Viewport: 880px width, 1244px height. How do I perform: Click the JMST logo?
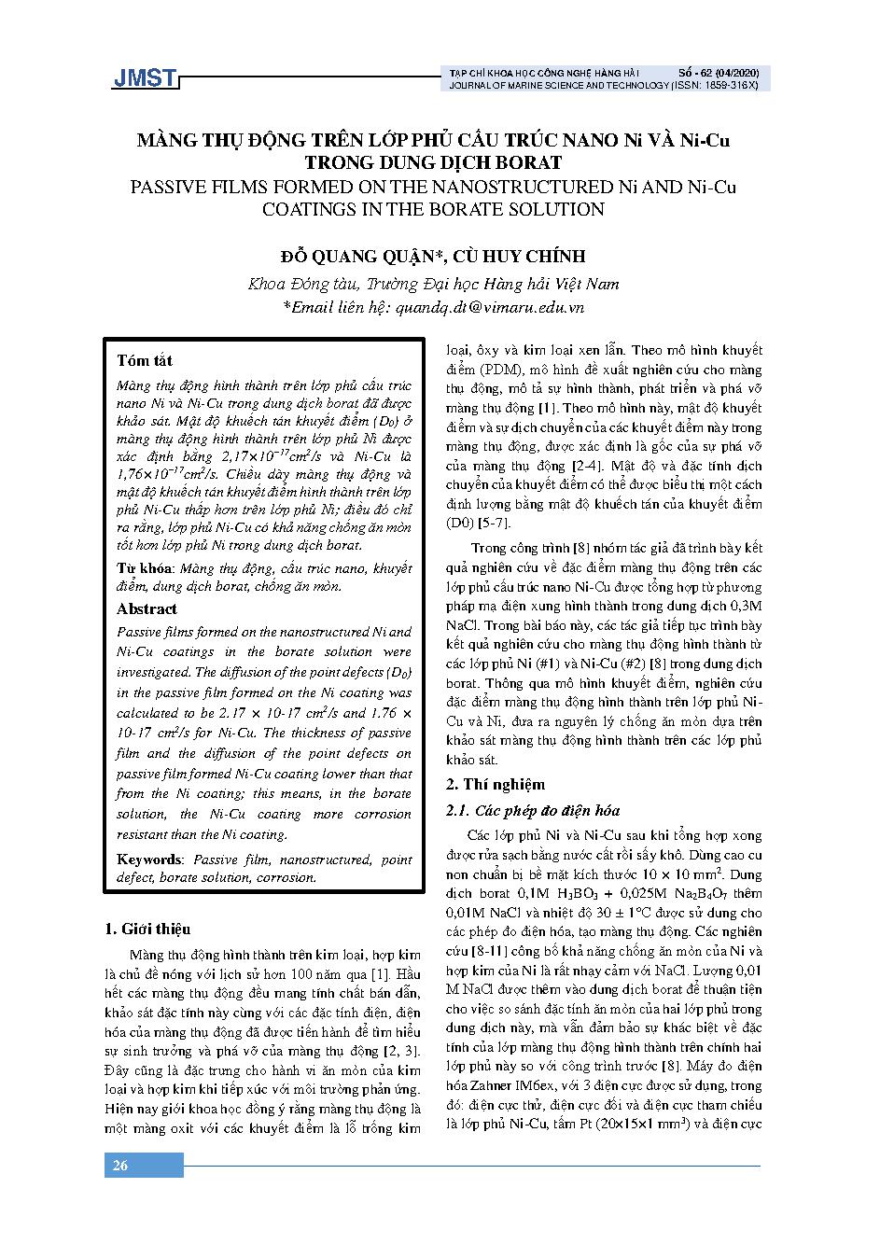tap(144, 78)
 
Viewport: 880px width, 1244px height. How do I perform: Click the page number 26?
tap(120, 1166)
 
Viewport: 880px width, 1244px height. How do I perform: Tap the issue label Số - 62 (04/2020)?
tap(719, 72)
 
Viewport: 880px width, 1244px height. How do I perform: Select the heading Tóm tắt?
tap(145, 360)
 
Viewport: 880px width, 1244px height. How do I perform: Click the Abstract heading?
tap(147, 608)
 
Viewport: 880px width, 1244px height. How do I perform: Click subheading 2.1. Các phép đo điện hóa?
tap(532, 810)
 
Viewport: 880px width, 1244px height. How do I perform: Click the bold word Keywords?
tap(149, 859)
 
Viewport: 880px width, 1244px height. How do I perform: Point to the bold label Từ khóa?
tap(145, 567)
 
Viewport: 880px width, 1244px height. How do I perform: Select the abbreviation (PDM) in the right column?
tap(504, 370)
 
